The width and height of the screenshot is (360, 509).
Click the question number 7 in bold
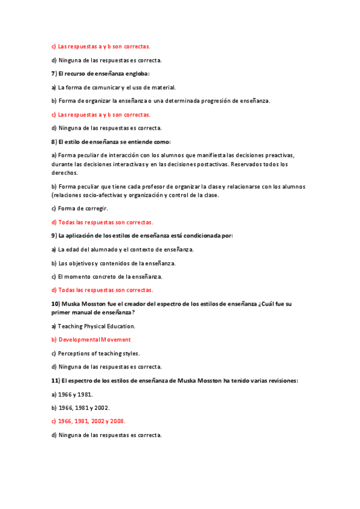pyautogui.click(x=53, y=73)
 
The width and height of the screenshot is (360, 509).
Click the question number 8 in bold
pyautogui.click(x=53, y=142)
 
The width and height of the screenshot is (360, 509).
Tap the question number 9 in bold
pyautogui.click(x=53, y=235)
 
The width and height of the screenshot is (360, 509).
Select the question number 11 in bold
pyautogui.click(x=54, y=381)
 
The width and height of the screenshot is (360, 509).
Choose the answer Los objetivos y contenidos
pyautogui.click(x=113, y=263)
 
